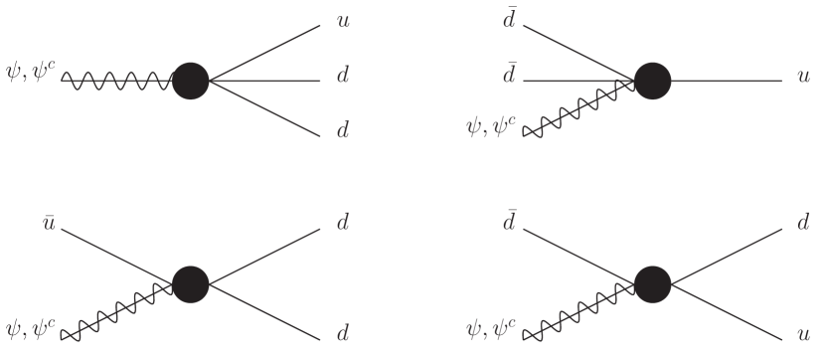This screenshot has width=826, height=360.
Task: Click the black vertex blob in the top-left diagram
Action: click(190, 79)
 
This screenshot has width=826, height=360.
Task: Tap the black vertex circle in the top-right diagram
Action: click(653, 79)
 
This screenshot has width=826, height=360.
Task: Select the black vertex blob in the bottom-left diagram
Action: click(190, 282)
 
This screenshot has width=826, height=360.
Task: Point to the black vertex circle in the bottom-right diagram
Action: click(653, 282)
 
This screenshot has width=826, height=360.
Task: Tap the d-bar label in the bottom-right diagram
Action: click(508, 221)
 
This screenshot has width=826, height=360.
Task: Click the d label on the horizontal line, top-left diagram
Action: click(341, 78)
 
